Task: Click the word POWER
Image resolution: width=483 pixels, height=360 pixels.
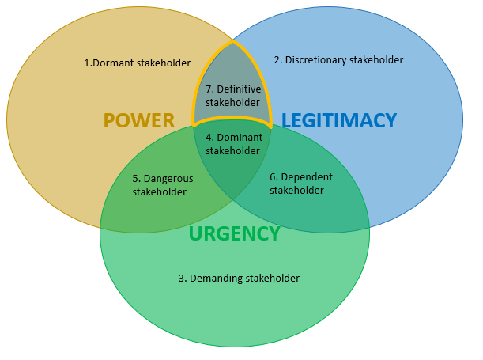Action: point(138,120)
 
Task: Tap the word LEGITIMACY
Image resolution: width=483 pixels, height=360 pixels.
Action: point(338,120)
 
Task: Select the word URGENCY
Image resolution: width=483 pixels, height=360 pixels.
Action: point(234,233)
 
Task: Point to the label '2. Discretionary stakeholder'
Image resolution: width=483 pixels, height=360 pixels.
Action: point(338,60)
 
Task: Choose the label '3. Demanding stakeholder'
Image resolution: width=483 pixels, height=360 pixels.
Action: point(239,278)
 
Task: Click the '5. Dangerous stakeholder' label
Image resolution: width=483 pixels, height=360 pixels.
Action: point(162,184)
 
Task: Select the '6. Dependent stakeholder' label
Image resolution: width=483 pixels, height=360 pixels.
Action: point(301,183)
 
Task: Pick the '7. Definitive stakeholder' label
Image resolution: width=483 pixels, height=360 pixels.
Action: point(232,95)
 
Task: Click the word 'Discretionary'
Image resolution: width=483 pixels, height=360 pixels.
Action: point(315,60)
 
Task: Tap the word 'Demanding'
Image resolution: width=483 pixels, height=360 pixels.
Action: point(217,278)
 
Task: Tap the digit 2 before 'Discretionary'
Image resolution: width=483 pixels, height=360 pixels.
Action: point(277,60)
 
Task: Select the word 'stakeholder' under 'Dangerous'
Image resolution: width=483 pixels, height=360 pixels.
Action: point(159,191)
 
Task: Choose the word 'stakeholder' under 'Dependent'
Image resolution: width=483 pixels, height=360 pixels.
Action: point(296,190)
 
